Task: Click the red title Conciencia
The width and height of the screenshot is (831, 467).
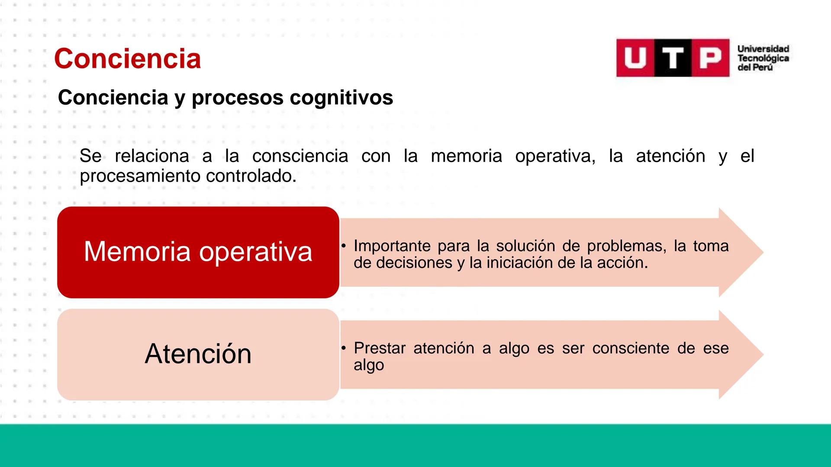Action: [x=127, y=59]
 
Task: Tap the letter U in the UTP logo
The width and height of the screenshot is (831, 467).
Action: [x=635, y=58]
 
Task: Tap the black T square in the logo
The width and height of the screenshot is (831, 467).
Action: [x=673, y=58]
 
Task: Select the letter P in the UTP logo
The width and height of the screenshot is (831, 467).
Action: [x=710, y=58]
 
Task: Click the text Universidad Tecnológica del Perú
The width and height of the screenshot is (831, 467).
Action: [x=763, y=58]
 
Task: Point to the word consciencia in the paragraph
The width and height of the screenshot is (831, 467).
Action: [x=300, y=156]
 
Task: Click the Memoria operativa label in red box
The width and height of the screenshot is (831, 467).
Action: [x=198, y=252]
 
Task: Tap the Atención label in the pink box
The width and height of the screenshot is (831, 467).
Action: [x=198, y=354]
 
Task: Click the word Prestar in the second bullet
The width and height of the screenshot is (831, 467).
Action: [x=380, y=348]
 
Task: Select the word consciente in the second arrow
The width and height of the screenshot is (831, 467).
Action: [x=631, y=348]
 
